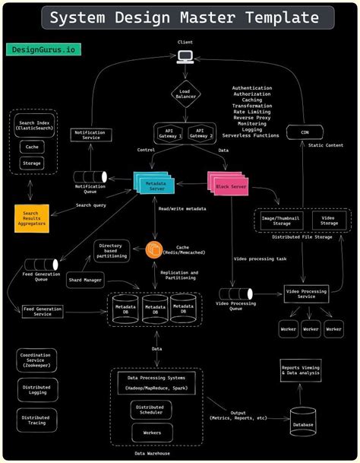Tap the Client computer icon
[185, 55]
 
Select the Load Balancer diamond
[185, 93]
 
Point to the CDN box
[305, 132]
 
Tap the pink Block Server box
[229, 184]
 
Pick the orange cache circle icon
[156, 249]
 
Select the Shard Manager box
[84, 280]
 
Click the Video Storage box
[329, 220]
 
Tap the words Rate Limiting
[251, 112]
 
